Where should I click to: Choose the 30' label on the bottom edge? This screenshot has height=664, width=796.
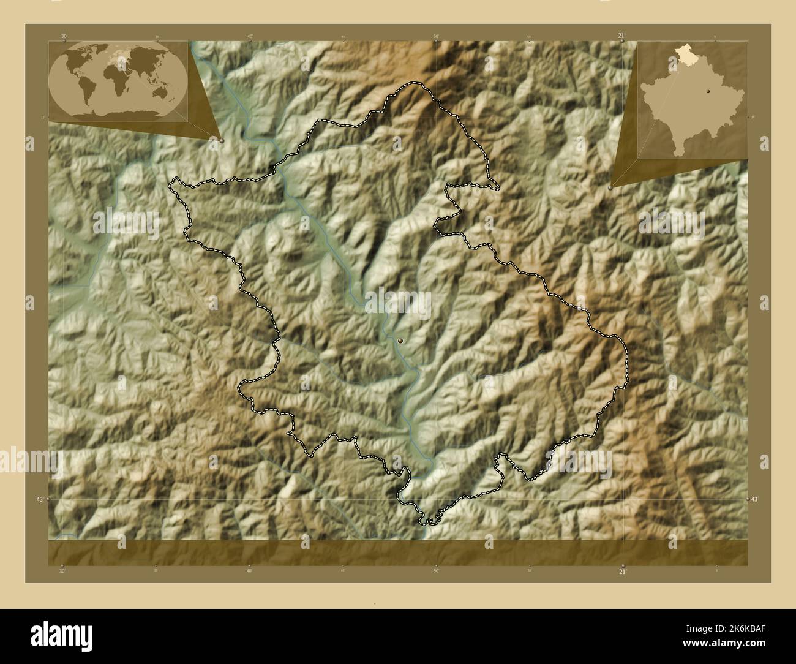pos(62,571)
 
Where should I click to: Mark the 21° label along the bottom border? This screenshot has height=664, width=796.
pos(623,571)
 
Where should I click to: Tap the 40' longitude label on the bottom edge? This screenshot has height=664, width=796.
pos(249,571)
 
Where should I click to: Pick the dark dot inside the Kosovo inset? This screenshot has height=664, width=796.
pos(708,90)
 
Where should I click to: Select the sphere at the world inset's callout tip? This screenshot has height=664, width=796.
pos(222,140)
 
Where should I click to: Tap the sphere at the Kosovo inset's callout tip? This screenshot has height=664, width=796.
pos(610,188)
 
